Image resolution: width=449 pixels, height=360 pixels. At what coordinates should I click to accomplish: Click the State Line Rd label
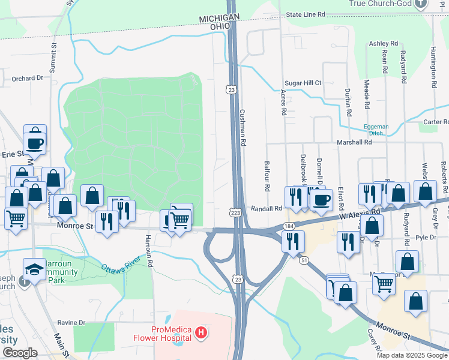click(305, 14)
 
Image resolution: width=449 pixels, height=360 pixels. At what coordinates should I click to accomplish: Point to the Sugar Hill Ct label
click(303, 83)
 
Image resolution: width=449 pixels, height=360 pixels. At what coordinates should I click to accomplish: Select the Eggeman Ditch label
click(376, 130)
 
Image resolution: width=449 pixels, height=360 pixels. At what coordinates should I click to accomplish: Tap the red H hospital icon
click(201, 332)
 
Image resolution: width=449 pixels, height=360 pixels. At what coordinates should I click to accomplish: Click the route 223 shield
click(235, 213)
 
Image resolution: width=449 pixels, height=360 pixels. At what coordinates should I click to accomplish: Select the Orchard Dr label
click(28, 78)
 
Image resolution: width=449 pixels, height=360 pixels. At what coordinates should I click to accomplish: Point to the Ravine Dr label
click(71, 323)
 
